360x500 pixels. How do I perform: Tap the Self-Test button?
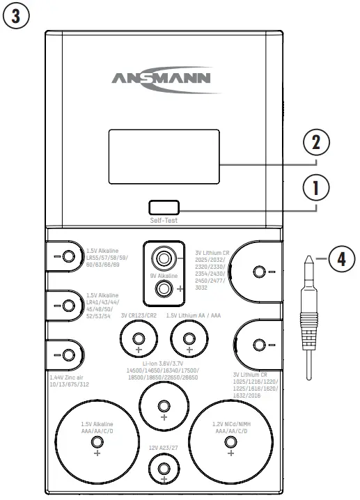(164, 207)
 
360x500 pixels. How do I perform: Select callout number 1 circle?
(316, 187)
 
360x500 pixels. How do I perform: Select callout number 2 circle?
(316, 144)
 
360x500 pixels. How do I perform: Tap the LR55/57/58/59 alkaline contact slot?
(68, 256)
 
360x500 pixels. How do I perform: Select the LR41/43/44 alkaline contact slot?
(68, 305)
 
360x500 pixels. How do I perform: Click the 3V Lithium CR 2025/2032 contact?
(259, 271)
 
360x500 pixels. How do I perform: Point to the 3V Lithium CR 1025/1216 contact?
(259, 344)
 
